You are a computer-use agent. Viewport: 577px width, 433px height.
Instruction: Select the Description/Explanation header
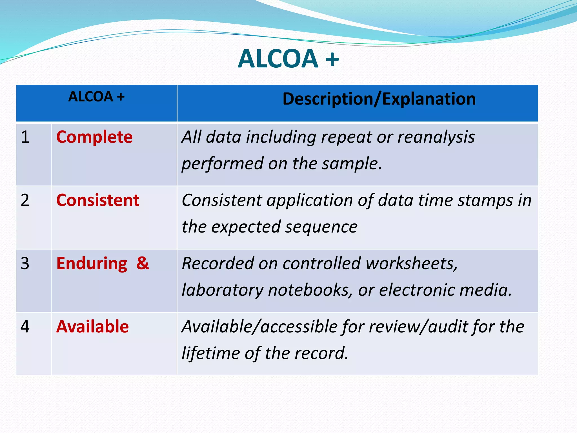tap(379, 99)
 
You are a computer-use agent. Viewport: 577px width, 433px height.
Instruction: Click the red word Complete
tap(94, 137)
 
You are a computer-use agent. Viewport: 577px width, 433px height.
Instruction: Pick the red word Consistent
tap(98, 200)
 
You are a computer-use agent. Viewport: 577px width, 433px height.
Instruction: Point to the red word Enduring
tap(92, 264)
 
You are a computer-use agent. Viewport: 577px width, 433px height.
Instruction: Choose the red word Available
tap(92, 327)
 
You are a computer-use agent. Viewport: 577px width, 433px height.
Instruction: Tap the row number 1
tap(25, 137)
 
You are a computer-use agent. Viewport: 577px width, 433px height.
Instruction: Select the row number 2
tap(25, 200)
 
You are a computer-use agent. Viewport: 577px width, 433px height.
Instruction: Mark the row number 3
tap(25, 264)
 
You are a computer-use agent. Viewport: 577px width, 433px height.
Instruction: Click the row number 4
tap(25, 327)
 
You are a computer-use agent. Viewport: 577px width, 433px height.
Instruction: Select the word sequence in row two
tap(321, 227)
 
